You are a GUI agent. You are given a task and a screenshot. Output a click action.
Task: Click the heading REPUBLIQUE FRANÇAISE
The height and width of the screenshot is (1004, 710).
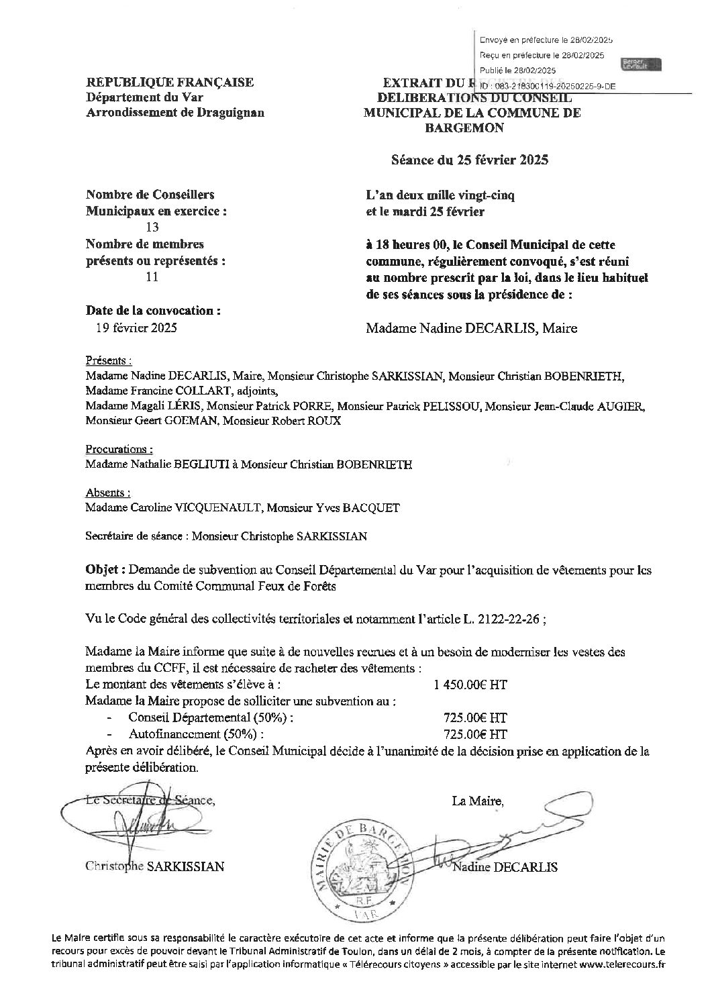coord(170,83)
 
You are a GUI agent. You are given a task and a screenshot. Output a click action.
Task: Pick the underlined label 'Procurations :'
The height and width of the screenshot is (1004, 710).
coord(119,449)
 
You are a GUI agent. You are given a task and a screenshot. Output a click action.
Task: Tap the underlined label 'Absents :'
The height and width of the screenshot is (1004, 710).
coord(108,493)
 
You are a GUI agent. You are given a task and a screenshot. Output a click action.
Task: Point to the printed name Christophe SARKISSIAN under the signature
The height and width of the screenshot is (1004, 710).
coord(155,866)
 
